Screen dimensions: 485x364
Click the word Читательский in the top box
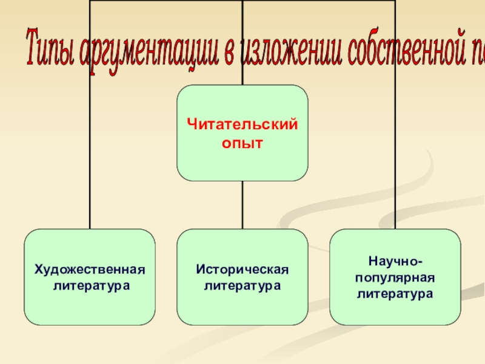[242, 125]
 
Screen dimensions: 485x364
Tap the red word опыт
[242, 144]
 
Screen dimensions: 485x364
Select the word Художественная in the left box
[90, 269]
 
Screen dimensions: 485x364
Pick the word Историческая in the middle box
[242, 269]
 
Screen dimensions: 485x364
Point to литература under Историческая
[242, 285]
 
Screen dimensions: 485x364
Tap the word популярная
[395, 277]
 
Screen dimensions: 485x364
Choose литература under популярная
[395, 294]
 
